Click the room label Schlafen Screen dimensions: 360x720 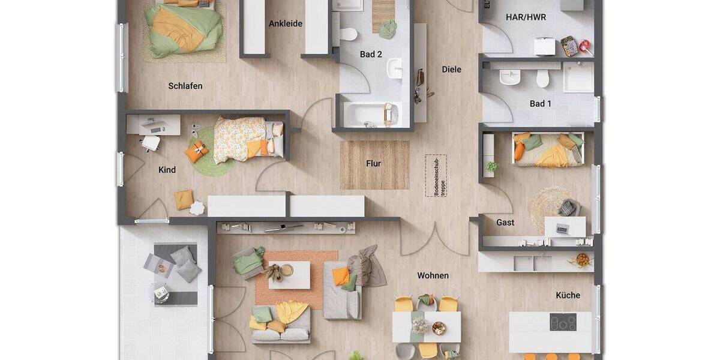(x=185, y=86)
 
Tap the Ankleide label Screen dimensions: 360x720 (x=286, y=24)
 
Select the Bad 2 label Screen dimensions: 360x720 (x=371, y=55)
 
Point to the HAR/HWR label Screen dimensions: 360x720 (x=527, y=17)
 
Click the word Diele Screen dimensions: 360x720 (x=451, y=70)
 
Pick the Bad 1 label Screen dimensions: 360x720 (x=540, y=104)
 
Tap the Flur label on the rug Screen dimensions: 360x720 (x=374, y=163)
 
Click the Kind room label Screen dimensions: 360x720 (x=167, y=170)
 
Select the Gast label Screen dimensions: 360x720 (x=505, y=223)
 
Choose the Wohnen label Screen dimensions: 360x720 (x=433, y=276)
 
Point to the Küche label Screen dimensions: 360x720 (x=568, y=295)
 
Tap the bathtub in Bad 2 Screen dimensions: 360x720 (x=366, y=113)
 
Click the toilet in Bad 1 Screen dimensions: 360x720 (x=543, y=78)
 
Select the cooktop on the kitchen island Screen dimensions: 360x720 (x=563, y=322)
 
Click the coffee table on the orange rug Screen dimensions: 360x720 (x=289, y=275)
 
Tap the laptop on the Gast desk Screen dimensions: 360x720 (x=563, y=228)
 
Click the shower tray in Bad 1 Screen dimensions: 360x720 (x=578, y=77)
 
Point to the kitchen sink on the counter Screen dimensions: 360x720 (x=533, y=262)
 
